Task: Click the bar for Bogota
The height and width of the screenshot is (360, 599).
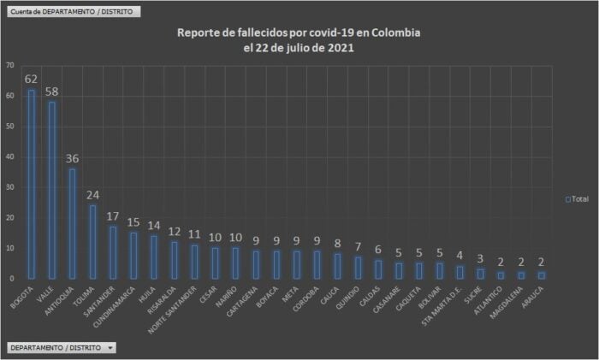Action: [x=31, y=184]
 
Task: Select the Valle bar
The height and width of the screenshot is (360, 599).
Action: [x=51, y=190]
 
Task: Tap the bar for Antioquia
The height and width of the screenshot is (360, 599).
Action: [x=72, y=223]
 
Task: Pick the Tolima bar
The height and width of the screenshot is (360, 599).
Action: [x=92, y=242]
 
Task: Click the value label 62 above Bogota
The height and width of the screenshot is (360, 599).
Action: [x=31, y=79]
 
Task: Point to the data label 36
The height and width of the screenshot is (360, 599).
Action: [x=72, y=158]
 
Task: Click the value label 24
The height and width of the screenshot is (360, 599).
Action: [x=92, y=194]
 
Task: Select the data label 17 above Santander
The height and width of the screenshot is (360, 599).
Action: [x=113, y=215]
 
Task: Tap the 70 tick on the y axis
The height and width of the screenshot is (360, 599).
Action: [x=9, y=65]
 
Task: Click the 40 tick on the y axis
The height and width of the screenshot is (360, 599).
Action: [x=9, y=156]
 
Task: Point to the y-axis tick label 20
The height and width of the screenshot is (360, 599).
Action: [x=9, y=218]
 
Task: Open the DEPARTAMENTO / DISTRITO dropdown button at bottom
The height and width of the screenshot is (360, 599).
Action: [x=61, y=348]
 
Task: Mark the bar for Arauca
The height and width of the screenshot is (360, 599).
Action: [x=542, y=274]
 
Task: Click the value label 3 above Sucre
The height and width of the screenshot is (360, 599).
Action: [x=480, y=258]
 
